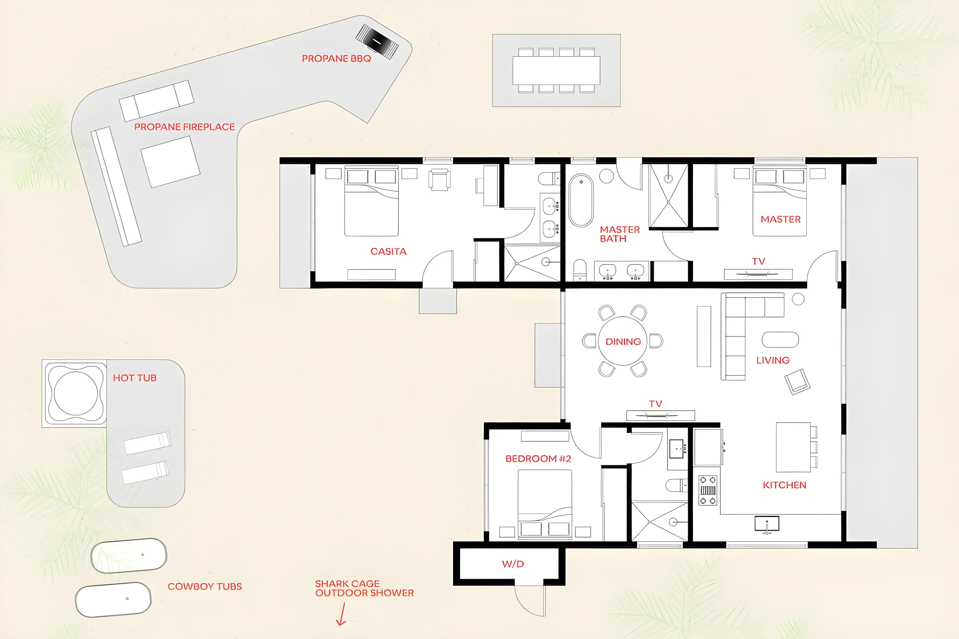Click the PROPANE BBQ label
(x=336, y=59)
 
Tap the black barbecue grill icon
(x=377, y=42)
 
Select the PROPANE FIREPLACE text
(x=185, y=127)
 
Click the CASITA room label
(x=388, y=252)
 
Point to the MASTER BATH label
(x=619, y=234)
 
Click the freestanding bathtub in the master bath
(x=581, y=200)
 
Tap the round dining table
(x=622, y=341)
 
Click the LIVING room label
(x=773, y=360)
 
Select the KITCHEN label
(x=784, y=485)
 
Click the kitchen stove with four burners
(x=708, y=490)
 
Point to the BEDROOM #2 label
(x=538, y=459)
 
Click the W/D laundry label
(x=513, y=564)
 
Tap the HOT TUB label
(x=134, y=378)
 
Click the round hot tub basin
(x=76, y=393)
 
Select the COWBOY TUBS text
(x=205, y=586)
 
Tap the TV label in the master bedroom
(x=759, y=261)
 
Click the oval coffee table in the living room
(x=780, y=340)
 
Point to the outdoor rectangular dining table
(x=556, y=70)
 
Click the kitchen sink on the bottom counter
(x=767, y=524)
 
